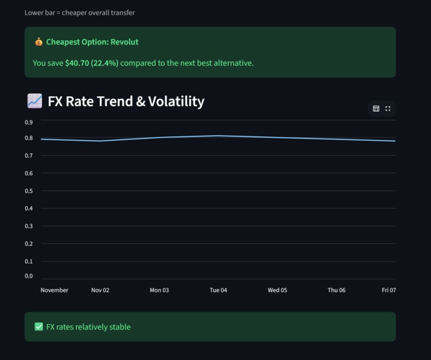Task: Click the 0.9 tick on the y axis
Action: pyautogui.click(x=29, y=123)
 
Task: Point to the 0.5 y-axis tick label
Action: pyautogui.click(x=29, y=191)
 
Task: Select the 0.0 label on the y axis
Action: pyautogui.click(x=29, y=276)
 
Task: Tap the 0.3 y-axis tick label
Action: pyautogui.click(x=29, y=226)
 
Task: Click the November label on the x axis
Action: pyautogui.click(x=55, y=290)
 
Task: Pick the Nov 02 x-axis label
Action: pyautogui.click(x=100, y=290)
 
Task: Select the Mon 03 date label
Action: pyautogui.click(x=159, y=290)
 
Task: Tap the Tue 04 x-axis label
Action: pyautogui.click(x=218, y=290)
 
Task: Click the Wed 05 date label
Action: pyautogui.click(x=277, y=290)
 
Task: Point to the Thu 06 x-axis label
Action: pyautogui.click(x=336, y=290)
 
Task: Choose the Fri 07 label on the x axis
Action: pyautogui.click(x=389, y=290)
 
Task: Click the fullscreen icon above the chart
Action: pyautogui.click(x=388, y=109)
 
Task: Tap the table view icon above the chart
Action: pyautogui.click(x=376, y=109)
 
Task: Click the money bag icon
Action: pyautogui.click(x=39, y=42)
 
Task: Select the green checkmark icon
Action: pyautogui.click(x=39, y=327)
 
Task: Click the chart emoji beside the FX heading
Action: pyautogui.click(x=35, y=101)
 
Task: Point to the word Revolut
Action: pyautogui.click(x=124, y=42)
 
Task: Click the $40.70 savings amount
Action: pyautogui.click(x=77, y=63)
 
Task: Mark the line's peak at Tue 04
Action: pyautogui.click(x=218, y=136)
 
